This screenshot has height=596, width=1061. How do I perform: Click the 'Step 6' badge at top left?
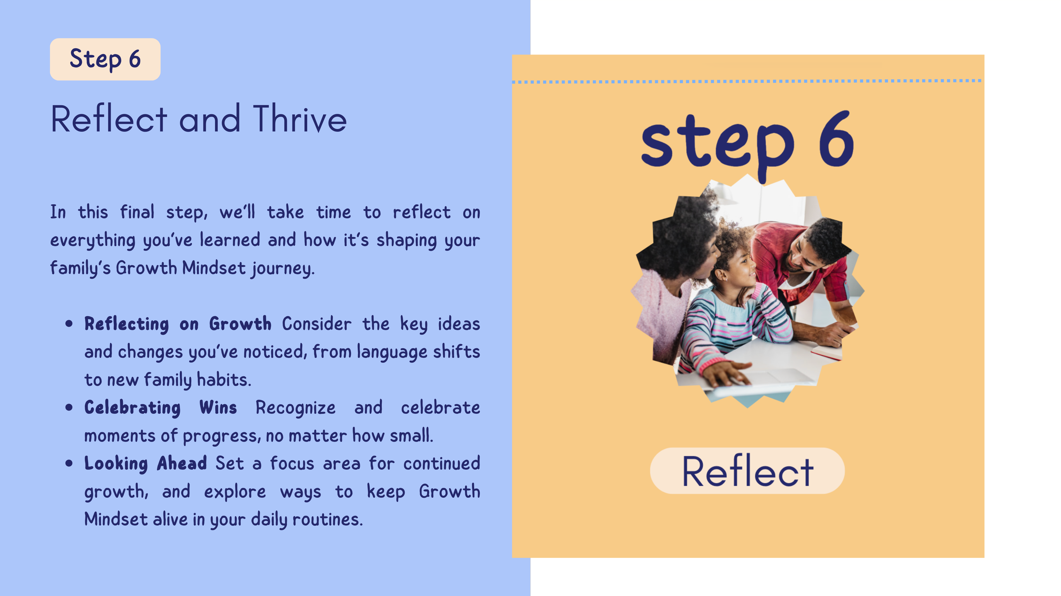click(x=105, y=59)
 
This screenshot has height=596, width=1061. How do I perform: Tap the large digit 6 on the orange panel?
click(x=836, y=139)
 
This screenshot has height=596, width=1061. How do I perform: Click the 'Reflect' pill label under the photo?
click(x=747, y=471)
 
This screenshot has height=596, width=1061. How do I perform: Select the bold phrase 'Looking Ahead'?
click(x=145, y=463)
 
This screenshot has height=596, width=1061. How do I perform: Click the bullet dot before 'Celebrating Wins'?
click(x=69, y=408)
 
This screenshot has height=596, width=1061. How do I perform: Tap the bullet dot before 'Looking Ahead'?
click(x=69, y=463)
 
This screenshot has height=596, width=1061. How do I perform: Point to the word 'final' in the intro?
click(x=137, y=212)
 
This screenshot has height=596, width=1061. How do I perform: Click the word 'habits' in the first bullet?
click(x=224, y=380)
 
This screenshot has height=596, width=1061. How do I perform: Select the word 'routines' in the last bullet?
click(x=328, y=519)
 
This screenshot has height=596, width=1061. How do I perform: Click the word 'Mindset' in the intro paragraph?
click(x=214, y=268)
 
